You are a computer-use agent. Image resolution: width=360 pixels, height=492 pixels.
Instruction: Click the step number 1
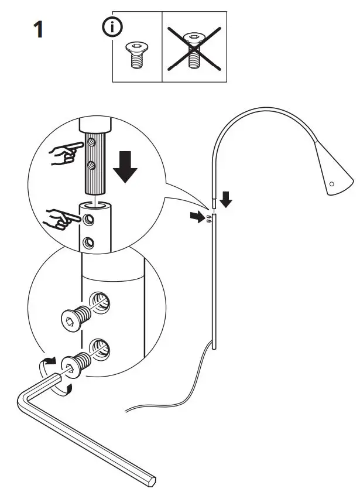click(38, 29)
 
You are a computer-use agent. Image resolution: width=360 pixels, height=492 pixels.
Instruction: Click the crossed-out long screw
click(194, 46)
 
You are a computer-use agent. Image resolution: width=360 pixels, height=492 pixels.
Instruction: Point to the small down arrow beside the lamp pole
click(227, 201)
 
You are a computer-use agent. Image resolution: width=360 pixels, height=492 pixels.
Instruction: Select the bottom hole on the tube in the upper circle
click(88, 241)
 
